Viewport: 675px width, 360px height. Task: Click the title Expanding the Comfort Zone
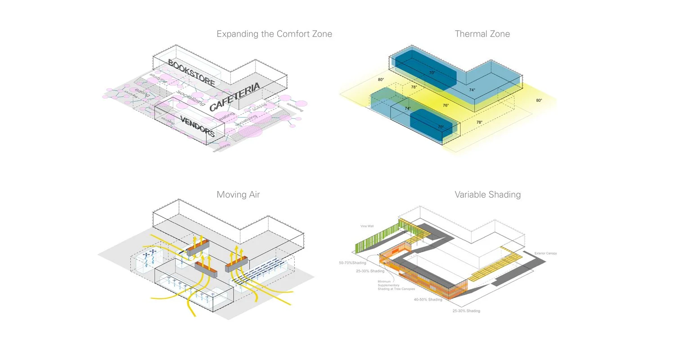pos(274,34)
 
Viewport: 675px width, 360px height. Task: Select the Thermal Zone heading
pos(482,34)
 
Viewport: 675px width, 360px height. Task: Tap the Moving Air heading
pos(238,195)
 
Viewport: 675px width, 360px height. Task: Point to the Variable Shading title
pos(487,195)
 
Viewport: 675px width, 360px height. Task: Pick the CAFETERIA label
pos(234,97)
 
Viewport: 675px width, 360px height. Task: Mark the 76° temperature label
pos(445,105)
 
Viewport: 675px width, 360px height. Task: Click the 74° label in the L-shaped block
pos(472,90)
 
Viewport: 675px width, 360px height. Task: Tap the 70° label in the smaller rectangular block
pos(441,127)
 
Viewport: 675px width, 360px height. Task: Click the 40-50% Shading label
pos(428,299)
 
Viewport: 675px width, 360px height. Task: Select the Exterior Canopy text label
pos(545,253)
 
